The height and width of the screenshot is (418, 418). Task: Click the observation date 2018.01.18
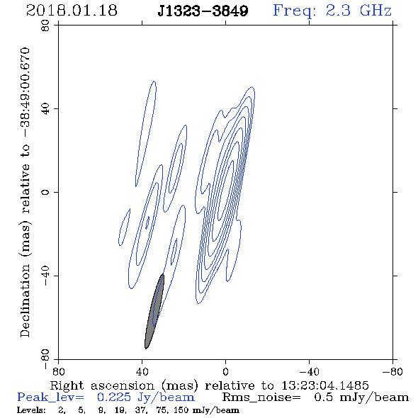[x=72, y=11]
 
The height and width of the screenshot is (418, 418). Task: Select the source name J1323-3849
[x=203, y=11]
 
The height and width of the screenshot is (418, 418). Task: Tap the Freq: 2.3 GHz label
[x=332, y=11]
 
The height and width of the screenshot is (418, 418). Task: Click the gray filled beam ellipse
[x=154, y=311]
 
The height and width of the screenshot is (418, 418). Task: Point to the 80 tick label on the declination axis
[x=45, y=26]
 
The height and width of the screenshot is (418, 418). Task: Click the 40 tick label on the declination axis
[x=45, y=109]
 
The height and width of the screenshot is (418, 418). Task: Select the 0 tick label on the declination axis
[x=45, y=192]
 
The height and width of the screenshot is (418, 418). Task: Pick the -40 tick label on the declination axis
[x=45, y=276]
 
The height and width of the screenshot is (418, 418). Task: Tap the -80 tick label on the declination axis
[x=45, y=359]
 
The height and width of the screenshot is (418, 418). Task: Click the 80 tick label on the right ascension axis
[x=58, y=372]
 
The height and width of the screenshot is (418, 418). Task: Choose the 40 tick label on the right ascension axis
[x=142, y=372]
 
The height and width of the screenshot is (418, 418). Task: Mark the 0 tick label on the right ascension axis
[x=225, y=372]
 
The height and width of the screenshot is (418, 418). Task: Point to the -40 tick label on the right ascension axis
[x=309, y=372]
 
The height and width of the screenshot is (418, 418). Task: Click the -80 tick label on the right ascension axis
[x=392, y=372]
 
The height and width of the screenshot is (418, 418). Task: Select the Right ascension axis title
[x=210, y=385]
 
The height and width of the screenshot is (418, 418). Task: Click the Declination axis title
[x=25, y=192]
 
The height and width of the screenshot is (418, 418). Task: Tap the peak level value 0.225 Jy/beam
[x=145, y=397]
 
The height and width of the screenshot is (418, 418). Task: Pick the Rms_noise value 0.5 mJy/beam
[x=361, y=397]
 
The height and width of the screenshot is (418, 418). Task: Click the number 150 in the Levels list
[x=183, y=410]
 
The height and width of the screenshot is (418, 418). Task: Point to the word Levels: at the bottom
[x=31, y=410]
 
